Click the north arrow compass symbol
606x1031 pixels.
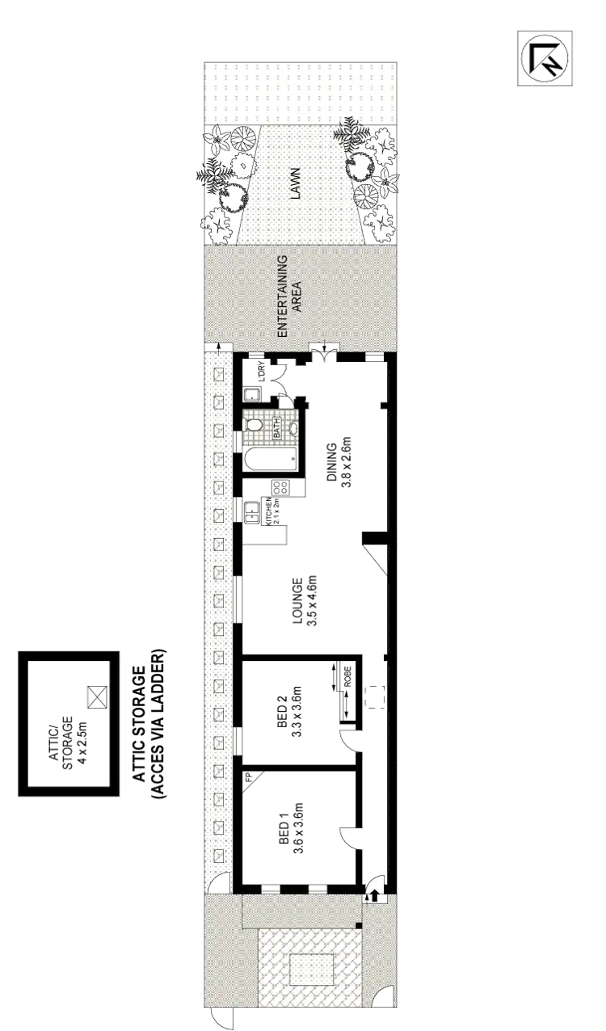pos(547,57)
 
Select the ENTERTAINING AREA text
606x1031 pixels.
pos(288,296)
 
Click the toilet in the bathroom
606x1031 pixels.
pos(254,423)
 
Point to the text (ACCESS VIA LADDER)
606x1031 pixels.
pos(158,724)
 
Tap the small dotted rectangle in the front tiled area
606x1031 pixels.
pos(311,970)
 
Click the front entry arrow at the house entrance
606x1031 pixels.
pos(374,893)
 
